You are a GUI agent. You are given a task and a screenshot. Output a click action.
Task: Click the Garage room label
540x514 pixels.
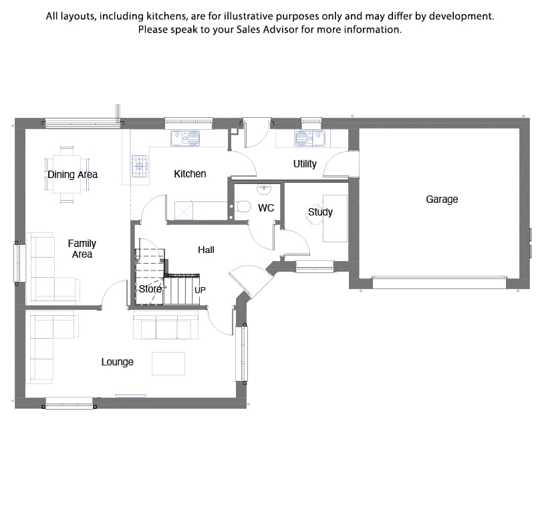[x=442, y=199]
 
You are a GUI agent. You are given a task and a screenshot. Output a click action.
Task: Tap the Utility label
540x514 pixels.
[x=305, y=164]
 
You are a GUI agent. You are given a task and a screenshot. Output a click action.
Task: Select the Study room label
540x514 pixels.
[x=320, y=211]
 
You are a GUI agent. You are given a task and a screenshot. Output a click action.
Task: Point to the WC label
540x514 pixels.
[x=266, y=207]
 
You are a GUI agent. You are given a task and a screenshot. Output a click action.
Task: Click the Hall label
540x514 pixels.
[x=206, y=250]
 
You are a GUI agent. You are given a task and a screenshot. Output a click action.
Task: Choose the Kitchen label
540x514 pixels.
[x=190, y=173]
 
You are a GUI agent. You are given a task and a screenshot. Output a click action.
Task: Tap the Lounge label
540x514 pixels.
[x=117, y=362]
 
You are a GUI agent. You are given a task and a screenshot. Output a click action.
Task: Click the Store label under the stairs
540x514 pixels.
[x=150, y=288]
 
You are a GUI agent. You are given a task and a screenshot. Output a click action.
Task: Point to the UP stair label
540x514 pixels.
[x=200, y=290]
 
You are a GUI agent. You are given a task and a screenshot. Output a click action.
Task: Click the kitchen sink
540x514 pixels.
[x=185, y=139]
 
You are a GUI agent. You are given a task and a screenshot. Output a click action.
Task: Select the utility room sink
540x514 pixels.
[x=310, y=139]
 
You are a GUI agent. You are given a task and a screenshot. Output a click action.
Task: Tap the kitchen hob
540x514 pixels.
[x=140, y=166]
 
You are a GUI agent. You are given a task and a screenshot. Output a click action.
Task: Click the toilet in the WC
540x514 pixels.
[x=243, y=207]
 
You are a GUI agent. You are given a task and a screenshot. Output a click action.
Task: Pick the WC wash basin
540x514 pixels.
[x=264, y=189]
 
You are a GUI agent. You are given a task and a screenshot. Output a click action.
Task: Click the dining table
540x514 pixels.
[x=67, y=175]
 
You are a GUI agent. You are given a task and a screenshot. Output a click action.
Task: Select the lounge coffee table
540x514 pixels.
[x=168, y=363]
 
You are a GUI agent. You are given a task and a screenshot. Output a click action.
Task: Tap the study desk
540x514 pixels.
[x=335, y=218]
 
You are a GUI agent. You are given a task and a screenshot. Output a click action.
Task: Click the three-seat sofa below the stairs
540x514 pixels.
[x=166, y=325]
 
